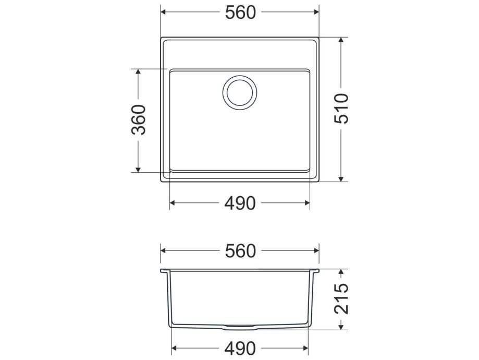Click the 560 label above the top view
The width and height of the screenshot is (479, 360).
coord(240,13)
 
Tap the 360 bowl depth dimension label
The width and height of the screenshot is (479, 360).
coord(139,119)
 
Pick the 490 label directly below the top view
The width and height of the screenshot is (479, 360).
coord(240,203)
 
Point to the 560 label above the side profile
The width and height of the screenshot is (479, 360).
coord(240,251)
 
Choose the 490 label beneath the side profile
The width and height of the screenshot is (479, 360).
coord(240,349)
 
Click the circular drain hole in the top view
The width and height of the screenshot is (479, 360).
coord(240,92)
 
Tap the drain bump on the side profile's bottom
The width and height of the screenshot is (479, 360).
coord(240,327)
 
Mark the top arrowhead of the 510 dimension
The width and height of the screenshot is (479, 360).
coord(341,40)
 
